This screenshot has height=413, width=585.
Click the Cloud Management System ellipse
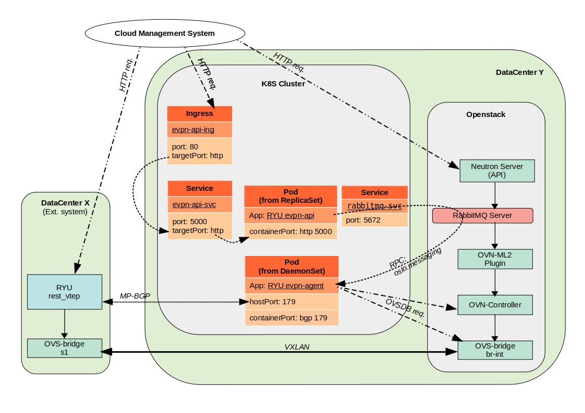(x=164, y=33)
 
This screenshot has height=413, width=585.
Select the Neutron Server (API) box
(x=496, y=171)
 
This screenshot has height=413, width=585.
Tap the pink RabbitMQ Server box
(x=482, y=215)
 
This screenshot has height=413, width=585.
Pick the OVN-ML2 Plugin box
(x=495, y=259)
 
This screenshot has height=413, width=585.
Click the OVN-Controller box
(x=495, y=305)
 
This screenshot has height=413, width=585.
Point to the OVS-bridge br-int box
(x=495, y=350)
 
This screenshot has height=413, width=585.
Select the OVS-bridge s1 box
(x=64, y=348)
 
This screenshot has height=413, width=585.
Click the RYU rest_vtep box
(x=64, y=291)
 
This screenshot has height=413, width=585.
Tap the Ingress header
(x=200, y=113)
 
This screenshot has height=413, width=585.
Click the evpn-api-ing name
(x=193, y=130)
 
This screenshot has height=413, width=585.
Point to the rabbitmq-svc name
(x=374, y=206)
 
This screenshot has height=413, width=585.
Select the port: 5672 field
(x=374, y=220)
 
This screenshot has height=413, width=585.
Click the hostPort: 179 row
(x=292, y=301)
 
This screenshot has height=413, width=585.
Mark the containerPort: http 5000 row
(x=291, y=231)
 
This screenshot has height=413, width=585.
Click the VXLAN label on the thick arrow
(x=297, y=346)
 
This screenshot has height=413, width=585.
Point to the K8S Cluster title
(x=283, y=83)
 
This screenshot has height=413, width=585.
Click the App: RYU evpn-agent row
(x=292, y=285)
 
